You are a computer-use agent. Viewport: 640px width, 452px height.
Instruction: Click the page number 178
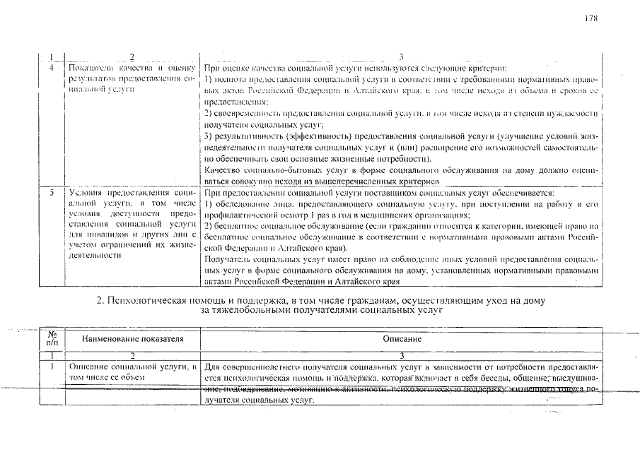pos(592,18)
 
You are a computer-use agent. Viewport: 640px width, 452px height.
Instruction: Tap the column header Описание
pos(402,340)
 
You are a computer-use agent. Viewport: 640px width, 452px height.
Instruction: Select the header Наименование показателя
pos(133,340)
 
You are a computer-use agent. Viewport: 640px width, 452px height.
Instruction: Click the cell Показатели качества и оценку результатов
pos(132,79)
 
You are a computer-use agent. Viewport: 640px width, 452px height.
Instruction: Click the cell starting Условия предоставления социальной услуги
pos(132,224)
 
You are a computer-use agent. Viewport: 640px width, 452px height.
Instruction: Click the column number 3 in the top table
pos(400,56)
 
